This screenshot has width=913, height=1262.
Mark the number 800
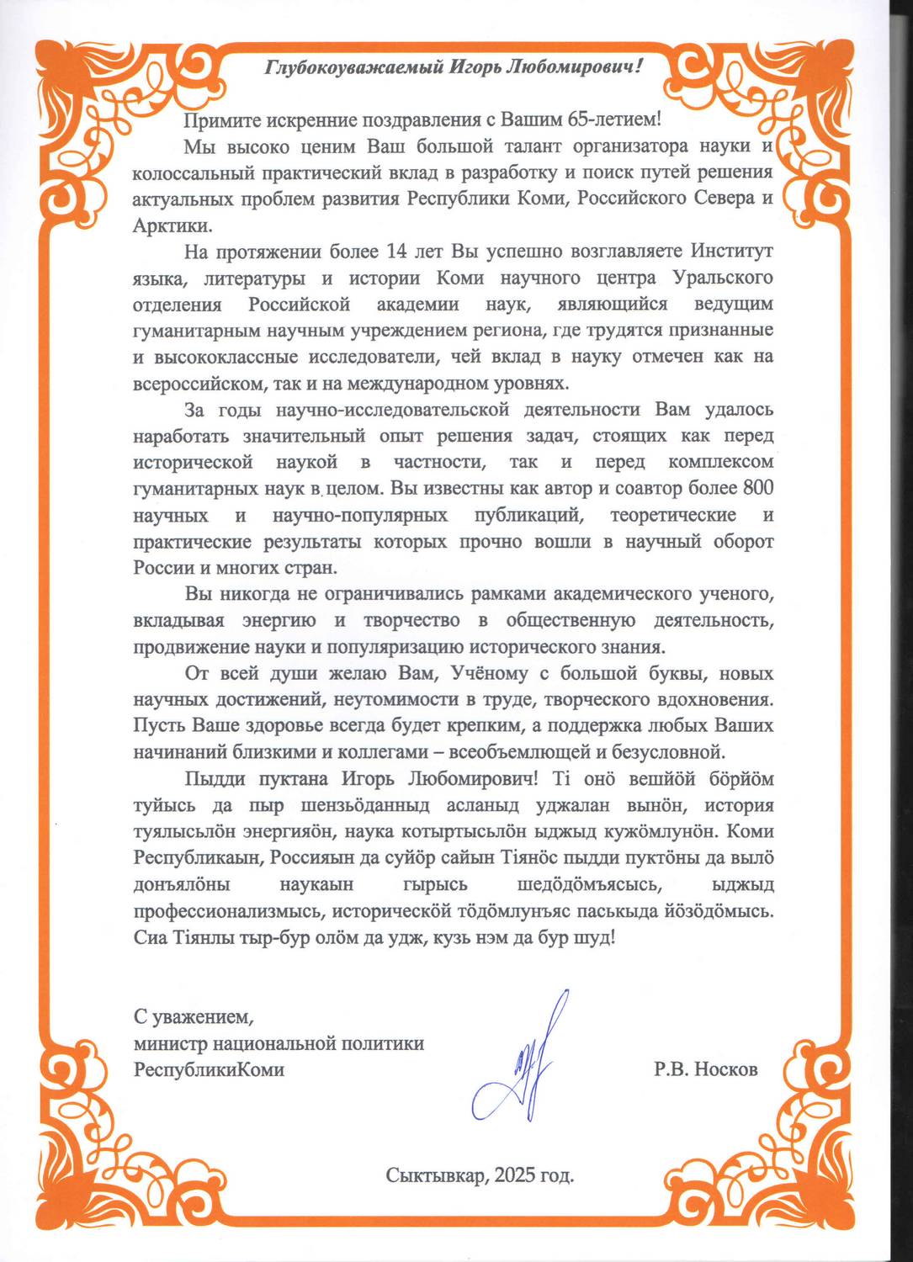[x=757, y=488]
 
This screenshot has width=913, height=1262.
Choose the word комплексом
[x=720, y=462]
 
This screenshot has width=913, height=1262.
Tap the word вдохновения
[x=715, y=699]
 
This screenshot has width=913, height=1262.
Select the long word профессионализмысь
[x=228, y=911]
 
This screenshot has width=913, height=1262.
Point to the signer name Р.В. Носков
[x=705, y=1070]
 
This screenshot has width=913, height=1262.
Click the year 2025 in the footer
[x=515, y=1175]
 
